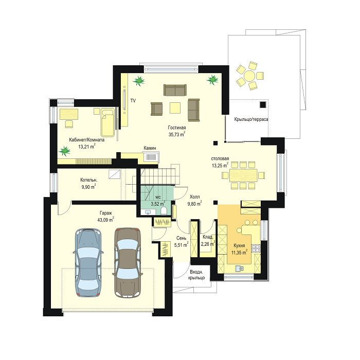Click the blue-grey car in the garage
pos(88,262)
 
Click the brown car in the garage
pos(127,262)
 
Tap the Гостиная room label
pos(177,128)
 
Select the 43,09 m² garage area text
pos(106,220)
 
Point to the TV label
pos(133,101)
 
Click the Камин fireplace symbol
pos(151,157)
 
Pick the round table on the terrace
pos(249,76)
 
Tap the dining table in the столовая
pos(243,176)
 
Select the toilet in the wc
pos(164,210)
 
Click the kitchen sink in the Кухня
pos(240,268)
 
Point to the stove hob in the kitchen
pos(256,248)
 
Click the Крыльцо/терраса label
pos(251,119)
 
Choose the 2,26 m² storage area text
pos(208,244)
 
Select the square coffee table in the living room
pos(175,107)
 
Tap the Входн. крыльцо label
pos(196,275)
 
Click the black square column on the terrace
pos(263,105)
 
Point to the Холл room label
pos(194,197)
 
